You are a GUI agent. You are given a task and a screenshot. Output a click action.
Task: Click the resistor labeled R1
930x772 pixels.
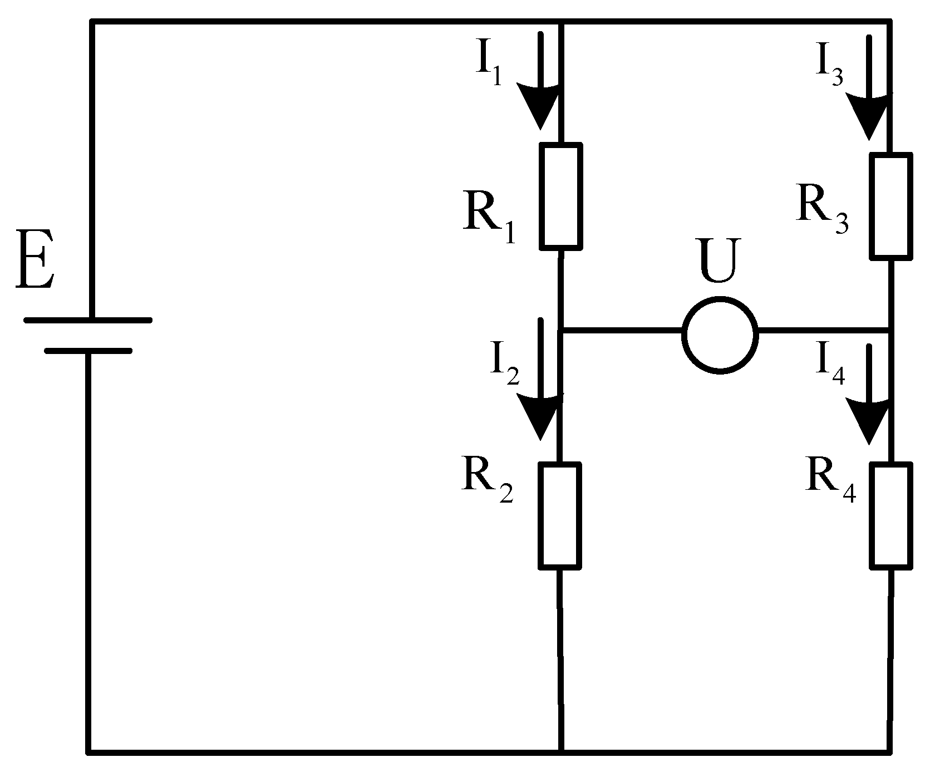(x=561, y=195)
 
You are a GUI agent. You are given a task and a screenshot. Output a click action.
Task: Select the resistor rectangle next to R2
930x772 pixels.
(x=560, y=515)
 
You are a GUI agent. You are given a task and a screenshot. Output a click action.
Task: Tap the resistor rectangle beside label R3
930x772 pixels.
(x=891, y=206)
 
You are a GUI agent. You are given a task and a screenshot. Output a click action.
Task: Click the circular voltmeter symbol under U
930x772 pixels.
(x=720, y=334)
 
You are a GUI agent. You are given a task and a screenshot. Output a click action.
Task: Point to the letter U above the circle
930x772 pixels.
(x=720, y=260)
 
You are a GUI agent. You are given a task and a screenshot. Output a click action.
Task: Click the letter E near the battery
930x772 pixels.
(x=35, y=259)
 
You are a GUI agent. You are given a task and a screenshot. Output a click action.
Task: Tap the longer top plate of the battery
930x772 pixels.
(x=88, y=320)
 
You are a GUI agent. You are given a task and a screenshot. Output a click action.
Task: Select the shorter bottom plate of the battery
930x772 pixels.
(x=88, y=351)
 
